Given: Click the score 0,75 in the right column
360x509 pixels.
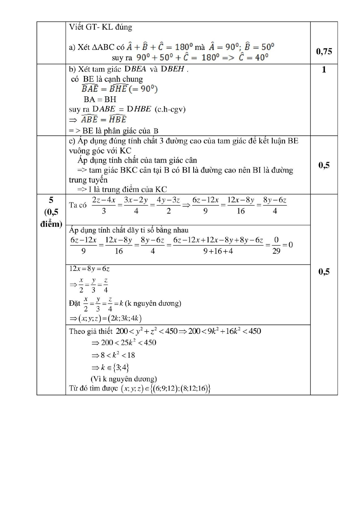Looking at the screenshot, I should click(324, 52).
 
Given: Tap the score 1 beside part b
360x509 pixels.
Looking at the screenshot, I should click(324, 70).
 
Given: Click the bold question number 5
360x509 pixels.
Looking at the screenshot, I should click(51, 200).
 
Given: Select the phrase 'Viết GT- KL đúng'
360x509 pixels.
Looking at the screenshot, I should click(100, 27).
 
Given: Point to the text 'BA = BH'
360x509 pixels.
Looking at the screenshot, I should click(100, 99).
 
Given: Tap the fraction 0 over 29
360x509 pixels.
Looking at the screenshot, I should click(276, 245).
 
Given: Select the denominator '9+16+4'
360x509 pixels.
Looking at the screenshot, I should click(218, 251).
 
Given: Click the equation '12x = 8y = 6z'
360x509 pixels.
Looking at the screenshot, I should click(89, 269).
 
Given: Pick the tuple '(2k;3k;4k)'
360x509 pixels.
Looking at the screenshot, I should click(124, 318).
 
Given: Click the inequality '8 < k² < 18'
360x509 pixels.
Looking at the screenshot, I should click(118, 355).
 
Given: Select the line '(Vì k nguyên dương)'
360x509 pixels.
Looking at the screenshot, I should click(124, 379).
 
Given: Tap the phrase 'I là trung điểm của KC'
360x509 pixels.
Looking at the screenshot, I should click(128, 189).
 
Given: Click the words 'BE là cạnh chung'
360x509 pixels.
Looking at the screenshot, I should click(113, 79).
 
